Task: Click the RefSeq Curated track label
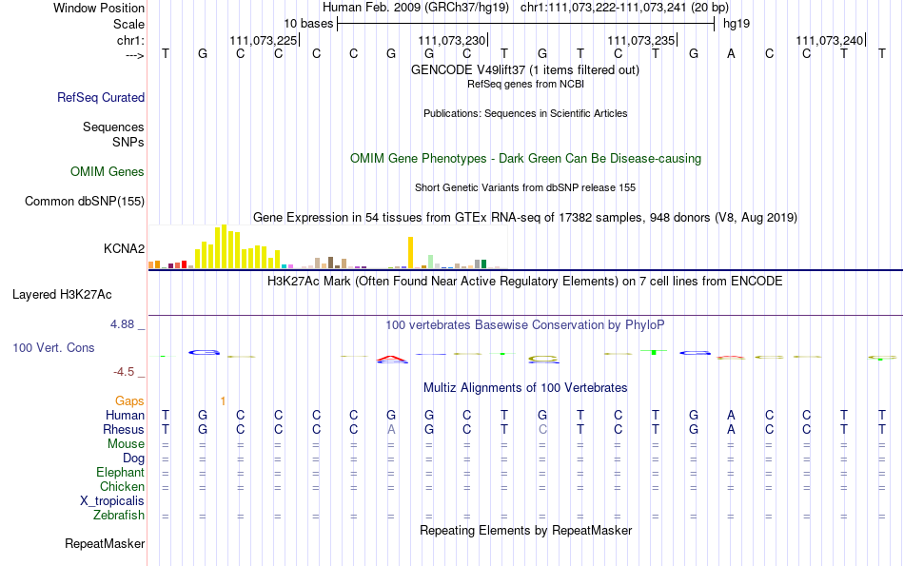(101, 97)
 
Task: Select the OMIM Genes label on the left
(108, 172)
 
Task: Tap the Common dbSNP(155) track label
(85, 201)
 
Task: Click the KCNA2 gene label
(124, 248)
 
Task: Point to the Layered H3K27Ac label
(62, 295)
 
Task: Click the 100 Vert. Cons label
(53, 347)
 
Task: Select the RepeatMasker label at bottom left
(105, 543)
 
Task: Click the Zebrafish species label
(119, 515)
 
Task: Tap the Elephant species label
(121, 472)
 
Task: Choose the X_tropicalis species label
(112, 501)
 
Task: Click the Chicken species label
(122, 486)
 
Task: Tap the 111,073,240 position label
(830, 40)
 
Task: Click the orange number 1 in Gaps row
(223, 401)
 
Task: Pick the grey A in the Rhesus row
(391, 429)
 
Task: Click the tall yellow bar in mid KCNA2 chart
(410, 252)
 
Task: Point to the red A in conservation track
(391, 359)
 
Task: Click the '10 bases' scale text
(308, 24)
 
